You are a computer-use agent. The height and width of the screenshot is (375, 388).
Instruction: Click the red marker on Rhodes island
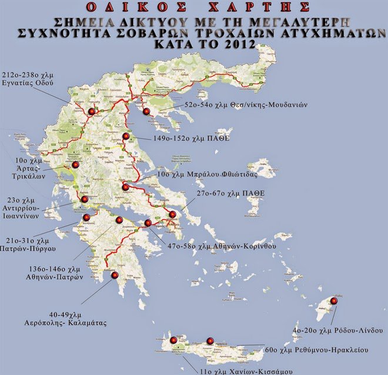pyautogui.click(x=334, y=301)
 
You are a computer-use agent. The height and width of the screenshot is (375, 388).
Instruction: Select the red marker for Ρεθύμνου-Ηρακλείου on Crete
pyautogui.click(x=210, y=341)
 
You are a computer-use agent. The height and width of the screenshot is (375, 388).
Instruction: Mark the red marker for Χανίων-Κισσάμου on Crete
pyautogui.click(x=173, y=340)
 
